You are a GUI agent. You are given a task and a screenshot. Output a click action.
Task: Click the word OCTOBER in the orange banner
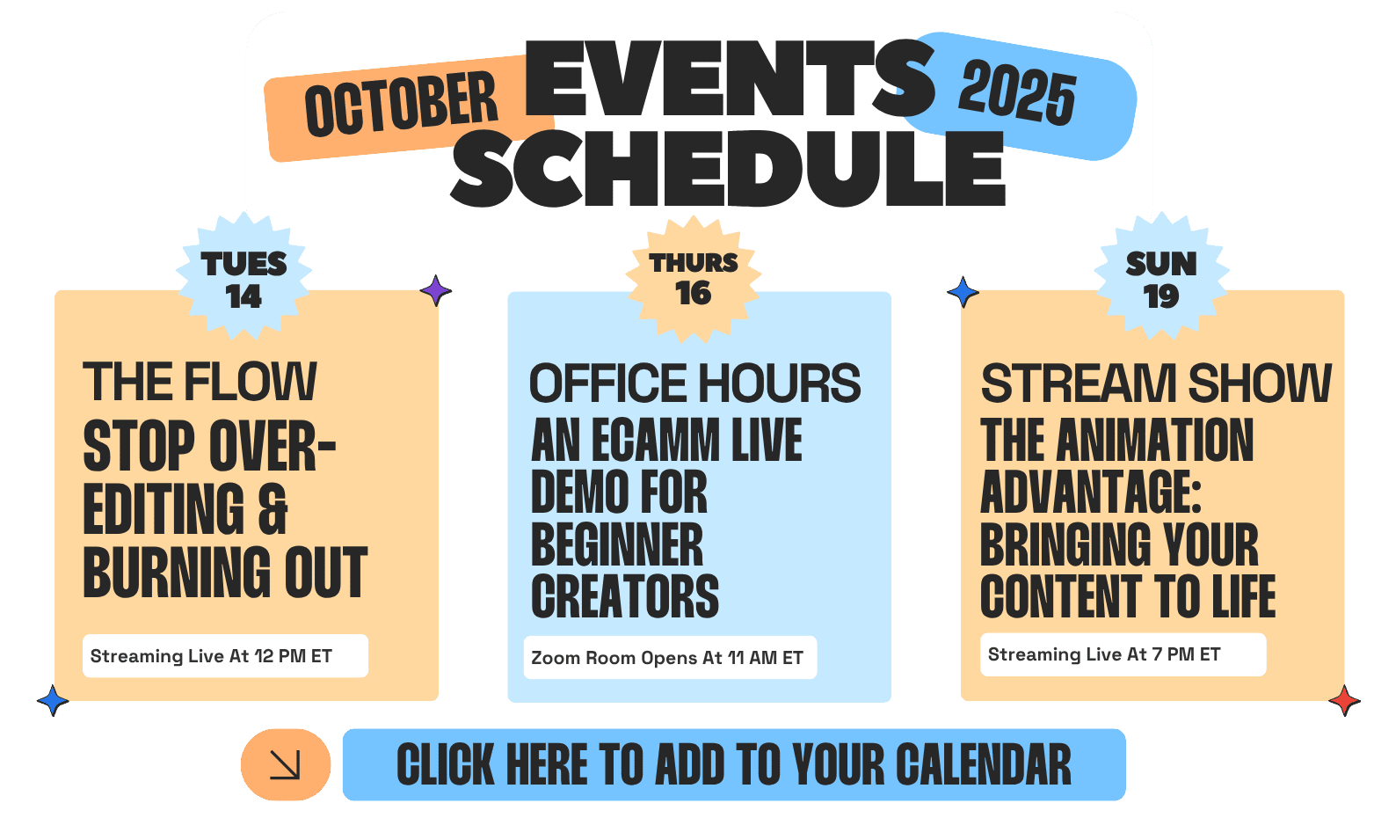click(x=401, y=104)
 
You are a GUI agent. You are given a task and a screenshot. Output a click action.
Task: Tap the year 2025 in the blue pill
click(x=1017, y=92)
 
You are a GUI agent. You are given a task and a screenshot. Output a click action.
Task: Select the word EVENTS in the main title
click(x=730, y=78)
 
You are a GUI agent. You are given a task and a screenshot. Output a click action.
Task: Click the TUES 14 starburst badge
click(x=244, y=276)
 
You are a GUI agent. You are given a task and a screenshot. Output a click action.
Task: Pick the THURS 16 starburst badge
click(x=693, y=280)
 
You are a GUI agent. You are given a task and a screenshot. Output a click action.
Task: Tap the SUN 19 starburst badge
click(x=1161, y=276)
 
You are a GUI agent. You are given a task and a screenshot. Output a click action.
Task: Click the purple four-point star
click(x=435, y=290)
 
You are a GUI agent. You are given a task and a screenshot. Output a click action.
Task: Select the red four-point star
click(x=1344, y=700)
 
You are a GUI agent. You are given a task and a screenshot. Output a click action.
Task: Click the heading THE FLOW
click(x=200, y=382)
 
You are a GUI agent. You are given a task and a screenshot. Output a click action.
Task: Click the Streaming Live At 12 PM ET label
click(x=211, y=656)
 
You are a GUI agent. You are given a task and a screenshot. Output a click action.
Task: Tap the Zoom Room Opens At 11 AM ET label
click(x=666, y=658)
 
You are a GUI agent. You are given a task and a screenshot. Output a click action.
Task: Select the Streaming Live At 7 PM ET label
click(x=1104, y=654)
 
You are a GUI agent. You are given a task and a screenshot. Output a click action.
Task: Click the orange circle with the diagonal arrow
click(x=285, y=765)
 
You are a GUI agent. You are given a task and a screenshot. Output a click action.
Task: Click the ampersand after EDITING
click(x=273, y=508)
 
